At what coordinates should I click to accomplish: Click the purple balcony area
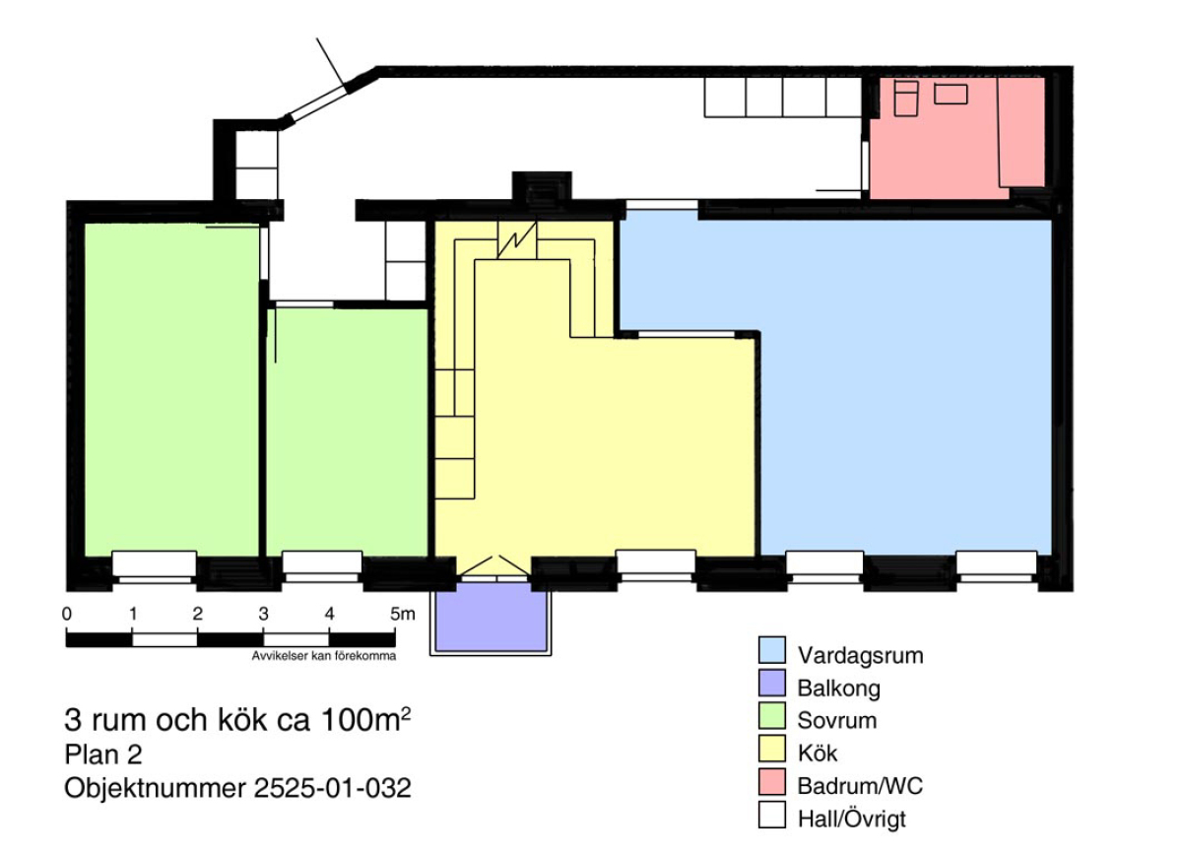pos(492,616)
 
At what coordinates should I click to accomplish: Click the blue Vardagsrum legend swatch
pos(772,650)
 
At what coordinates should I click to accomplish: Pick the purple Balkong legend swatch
pos(772,683)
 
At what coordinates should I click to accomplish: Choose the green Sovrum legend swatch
pos(772,716)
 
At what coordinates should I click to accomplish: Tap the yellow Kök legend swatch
pos(772,749)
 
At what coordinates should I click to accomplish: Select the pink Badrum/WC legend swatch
pos(772,782)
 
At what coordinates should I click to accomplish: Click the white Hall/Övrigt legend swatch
pos(772,815)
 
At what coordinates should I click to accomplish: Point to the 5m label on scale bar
pos(403,614)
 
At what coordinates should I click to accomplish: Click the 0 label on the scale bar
pos(67,614)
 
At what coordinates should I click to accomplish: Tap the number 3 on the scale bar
pos(263,614)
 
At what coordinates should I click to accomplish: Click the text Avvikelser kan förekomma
pos(324,656)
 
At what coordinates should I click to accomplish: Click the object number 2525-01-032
pos(333,789)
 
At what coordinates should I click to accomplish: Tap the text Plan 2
pos(103,755)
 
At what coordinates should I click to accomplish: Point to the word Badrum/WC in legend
pos(860,786)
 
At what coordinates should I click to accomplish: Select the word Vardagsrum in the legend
pos(861,656)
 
